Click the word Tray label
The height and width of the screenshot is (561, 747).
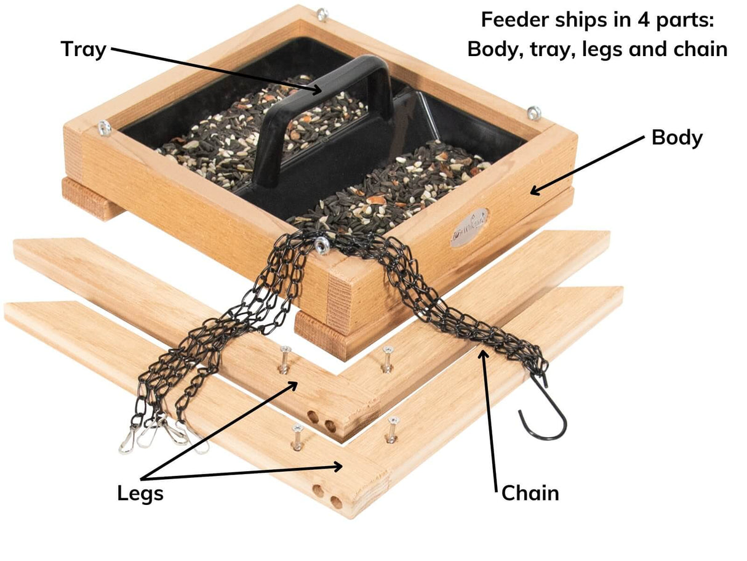(84, 49)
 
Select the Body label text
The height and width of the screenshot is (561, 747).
(677, 138)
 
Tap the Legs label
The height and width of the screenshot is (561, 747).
(140, 493)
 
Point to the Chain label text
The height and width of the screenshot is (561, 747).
(530, 493)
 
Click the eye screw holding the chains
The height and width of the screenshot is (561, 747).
(321, 246)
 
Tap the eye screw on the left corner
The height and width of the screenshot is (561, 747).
(105, 127)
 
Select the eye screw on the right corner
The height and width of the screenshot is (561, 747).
(533, 113)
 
